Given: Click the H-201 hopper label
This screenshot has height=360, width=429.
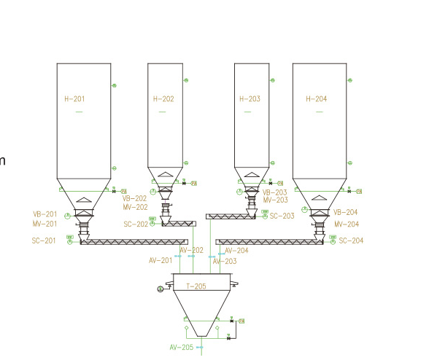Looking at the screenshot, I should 74,98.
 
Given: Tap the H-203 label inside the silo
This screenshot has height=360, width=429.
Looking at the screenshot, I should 250,98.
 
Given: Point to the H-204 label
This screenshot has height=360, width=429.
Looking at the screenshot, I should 317,98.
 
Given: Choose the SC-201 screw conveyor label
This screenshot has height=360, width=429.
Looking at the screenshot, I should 44,240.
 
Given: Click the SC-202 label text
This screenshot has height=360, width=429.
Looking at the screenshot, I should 136,224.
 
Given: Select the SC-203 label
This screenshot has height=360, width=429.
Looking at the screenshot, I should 282,216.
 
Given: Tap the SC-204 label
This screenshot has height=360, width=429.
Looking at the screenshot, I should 351,240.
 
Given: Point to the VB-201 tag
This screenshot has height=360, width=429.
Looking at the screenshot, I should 45,214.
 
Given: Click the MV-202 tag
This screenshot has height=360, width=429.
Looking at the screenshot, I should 135,207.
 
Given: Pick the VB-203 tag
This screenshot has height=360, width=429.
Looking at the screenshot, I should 276,192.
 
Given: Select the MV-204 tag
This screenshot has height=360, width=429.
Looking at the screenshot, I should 347,224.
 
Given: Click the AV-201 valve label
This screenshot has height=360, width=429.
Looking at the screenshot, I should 161,260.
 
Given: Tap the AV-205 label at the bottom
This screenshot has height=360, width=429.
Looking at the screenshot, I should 182,348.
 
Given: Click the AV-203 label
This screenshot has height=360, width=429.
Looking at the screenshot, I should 225,261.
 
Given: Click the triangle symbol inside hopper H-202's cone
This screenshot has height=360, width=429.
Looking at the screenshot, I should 166,175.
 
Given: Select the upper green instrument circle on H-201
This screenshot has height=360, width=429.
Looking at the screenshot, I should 114,86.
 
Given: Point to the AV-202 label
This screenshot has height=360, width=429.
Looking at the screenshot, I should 192,251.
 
